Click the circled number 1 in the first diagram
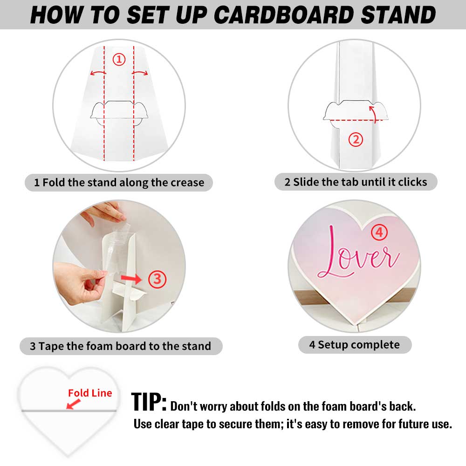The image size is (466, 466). pos(119,60)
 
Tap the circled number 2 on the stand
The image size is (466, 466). pos(356,140)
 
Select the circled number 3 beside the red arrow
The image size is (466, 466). pos(157,279)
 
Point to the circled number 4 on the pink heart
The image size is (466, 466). pos(379,233)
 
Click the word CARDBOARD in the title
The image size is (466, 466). pos(284,15)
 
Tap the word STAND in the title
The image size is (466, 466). pos(398,15)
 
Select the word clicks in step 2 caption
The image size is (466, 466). pos(412,182)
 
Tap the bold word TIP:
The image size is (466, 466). pos(149,402)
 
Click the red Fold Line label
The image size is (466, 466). pos(90,393)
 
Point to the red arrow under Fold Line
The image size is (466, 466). pos(73,404)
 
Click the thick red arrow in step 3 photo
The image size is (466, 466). pos(131,279)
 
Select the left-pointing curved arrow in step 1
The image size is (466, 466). pos(98,73)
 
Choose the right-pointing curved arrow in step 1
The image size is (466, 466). pos(140,73)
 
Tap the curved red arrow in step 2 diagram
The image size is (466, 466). pos(374,113)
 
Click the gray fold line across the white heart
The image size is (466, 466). pos(69,411)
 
